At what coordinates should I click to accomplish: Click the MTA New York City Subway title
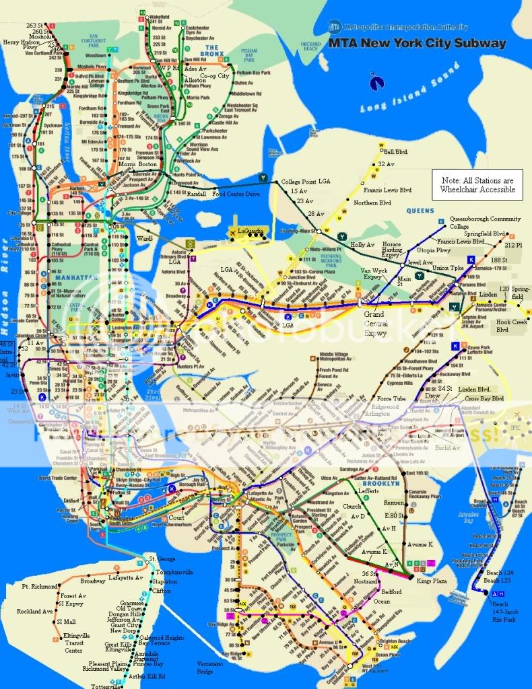417,43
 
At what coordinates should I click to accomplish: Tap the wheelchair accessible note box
477,185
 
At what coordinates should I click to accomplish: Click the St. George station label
162,559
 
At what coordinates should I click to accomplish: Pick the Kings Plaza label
432,580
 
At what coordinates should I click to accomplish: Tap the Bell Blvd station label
397,152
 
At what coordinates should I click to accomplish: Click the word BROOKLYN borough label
382,484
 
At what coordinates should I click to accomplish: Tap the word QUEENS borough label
420,211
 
